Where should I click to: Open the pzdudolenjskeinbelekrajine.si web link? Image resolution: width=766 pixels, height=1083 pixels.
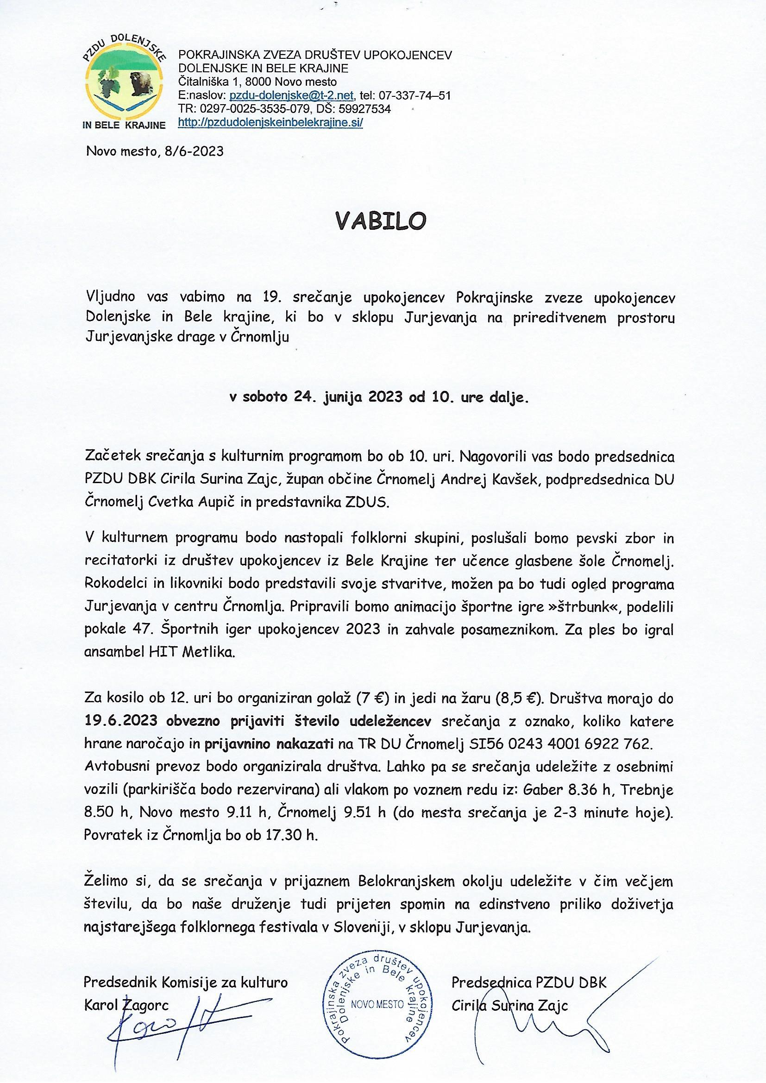pyautogui.click(x=270, y=123)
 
